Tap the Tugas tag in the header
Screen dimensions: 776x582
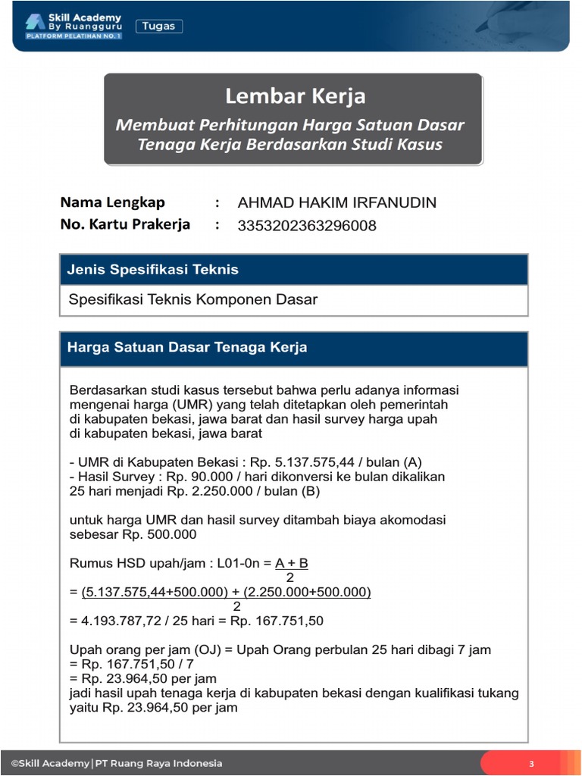(x=159, y=27)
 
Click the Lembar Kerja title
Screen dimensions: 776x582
(x=295, y=96)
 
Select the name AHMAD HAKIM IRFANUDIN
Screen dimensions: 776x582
(x=336, y=203)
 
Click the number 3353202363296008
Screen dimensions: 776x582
(x=306, y=226)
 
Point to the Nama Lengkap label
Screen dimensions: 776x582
(x=112, y=202)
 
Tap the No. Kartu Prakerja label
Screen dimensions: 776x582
(x=125, y=225)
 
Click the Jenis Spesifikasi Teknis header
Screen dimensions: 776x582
(x=153, y=269)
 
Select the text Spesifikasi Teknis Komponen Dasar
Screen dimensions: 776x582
(x=192, y=299)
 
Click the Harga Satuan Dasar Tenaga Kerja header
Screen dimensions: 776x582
(x=187, y=348)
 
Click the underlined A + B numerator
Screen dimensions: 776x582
(x=292, y=563)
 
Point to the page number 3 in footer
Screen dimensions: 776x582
(x=531, y=763)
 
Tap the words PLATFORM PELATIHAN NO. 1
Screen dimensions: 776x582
(x=74, y=36)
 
